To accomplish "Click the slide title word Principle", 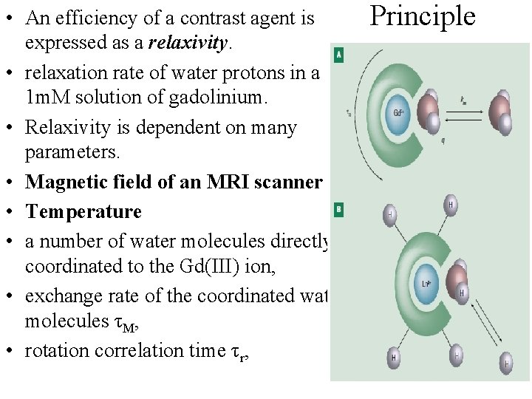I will click(x=423, y=16).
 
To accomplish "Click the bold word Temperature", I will click(x=83, y=211).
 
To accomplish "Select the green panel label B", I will click(x=338, y=211).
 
